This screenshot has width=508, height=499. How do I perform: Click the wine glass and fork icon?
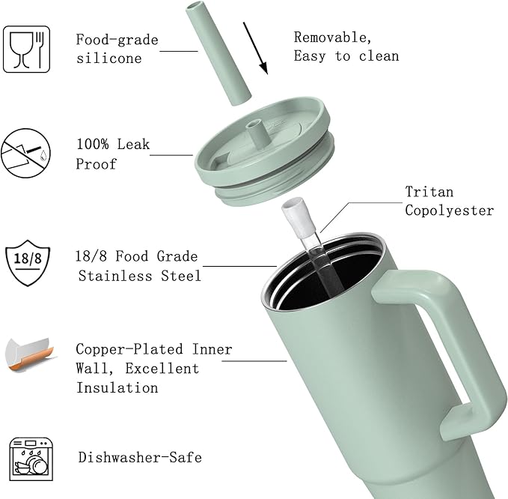tap(26, 49)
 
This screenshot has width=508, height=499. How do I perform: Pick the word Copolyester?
tap(450, 211)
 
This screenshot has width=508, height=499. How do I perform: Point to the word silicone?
tap(109, 58)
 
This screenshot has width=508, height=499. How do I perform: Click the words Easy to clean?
tap(346, 55)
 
